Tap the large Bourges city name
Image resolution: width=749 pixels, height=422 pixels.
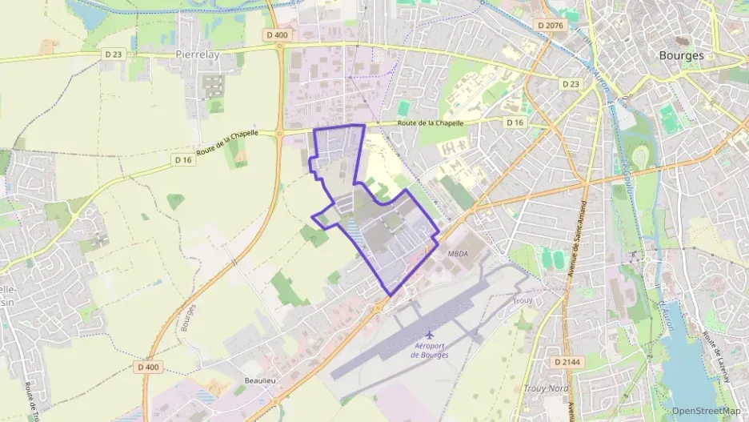tap(680, 56)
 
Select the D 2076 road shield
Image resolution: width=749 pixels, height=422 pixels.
tap(551, 26)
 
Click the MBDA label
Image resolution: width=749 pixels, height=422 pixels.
tap(458, 253)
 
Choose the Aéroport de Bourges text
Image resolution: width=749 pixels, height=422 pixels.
tap(431, 349)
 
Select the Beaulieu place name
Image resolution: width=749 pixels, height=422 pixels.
tap(260, 380)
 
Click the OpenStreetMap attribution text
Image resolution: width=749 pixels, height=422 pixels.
tap(707, 410)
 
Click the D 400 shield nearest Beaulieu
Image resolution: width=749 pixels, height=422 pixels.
tap(149, 366)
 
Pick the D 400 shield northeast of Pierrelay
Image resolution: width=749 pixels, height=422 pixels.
tap(276, 34)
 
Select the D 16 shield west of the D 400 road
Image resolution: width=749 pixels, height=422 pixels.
tap(183, 159)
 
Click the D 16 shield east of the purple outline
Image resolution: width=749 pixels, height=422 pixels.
tap(515, 122)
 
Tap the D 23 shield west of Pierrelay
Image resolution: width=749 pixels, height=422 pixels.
tap(112, 54)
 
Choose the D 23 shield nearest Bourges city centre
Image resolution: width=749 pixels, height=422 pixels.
tap(571, 83)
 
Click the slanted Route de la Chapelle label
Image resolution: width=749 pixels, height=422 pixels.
tap(227, 143)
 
